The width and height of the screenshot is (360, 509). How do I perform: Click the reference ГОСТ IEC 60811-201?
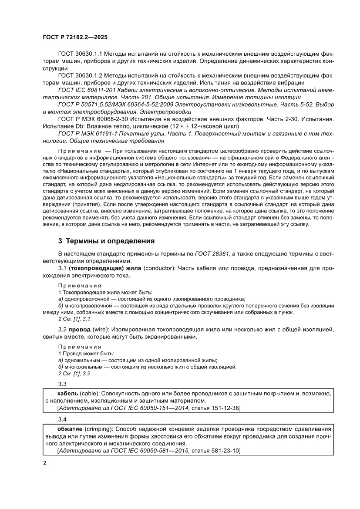(x=87, y=90)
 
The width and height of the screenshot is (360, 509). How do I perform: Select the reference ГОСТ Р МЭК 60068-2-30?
(x=95, y=119)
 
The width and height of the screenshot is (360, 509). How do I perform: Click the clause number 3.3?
(x=63, y=384)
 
